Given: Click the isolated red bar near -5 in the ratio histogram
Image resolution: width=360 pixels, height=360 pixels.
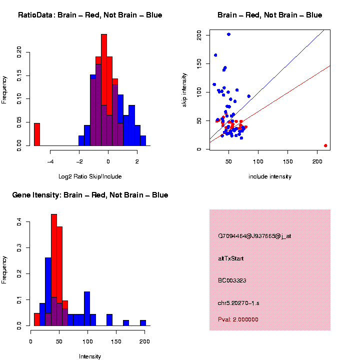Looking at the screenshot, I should [37, 134].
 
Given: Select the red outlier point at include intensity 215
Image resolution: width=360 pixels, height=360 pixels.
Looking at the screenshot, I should [325, 145].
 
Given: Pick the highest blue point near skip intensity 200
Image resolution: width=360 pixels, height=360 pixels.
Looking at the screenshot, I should [228, 34].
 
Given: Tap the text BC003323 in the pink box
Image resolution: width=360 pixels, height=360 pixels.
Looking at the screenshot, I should [232, 280].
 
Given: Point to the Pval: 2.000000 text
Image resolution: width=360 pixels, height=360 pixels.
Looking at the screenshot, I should [238, 319].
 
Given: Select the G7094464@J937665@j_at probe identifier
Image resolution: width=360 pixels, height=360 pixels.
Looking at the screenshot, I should [254, 236].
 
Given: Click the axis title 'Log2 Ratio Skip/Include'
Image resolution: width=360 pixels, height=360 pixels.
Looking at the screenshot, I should [90, 176].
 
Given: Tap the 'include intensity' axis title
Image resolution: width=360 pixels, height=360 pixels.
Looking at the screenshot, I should [270, 176].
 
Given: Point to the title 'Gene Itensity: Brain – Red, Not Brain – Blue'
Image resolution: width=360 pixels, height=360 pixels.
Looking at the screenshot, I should [90, 195].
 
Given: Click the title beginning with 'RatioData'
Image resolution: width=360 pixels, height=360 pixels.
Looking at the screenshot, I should [90, 15].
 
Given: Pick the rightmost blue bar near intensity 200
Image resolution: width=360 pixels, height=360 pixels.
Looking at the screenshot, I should [143, 323].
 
